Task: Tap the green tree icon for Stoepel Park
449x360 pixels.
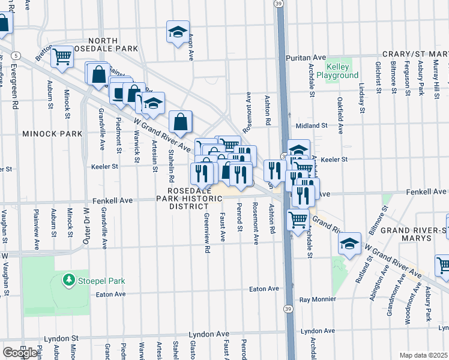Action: (70, 280)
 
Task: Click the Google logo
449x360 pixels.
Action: (20, 353)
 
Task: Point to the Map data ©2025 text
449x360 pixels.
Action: (423, 355)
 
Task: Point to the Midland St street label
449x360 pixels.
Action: (312, 126)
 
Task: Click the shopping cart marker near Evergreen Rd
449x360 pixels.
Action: (62, 56)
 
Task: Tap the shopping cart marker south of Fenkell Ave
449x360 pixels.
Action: (298, 220)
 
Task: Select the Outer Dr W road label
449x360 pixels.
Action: (86, 227)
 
